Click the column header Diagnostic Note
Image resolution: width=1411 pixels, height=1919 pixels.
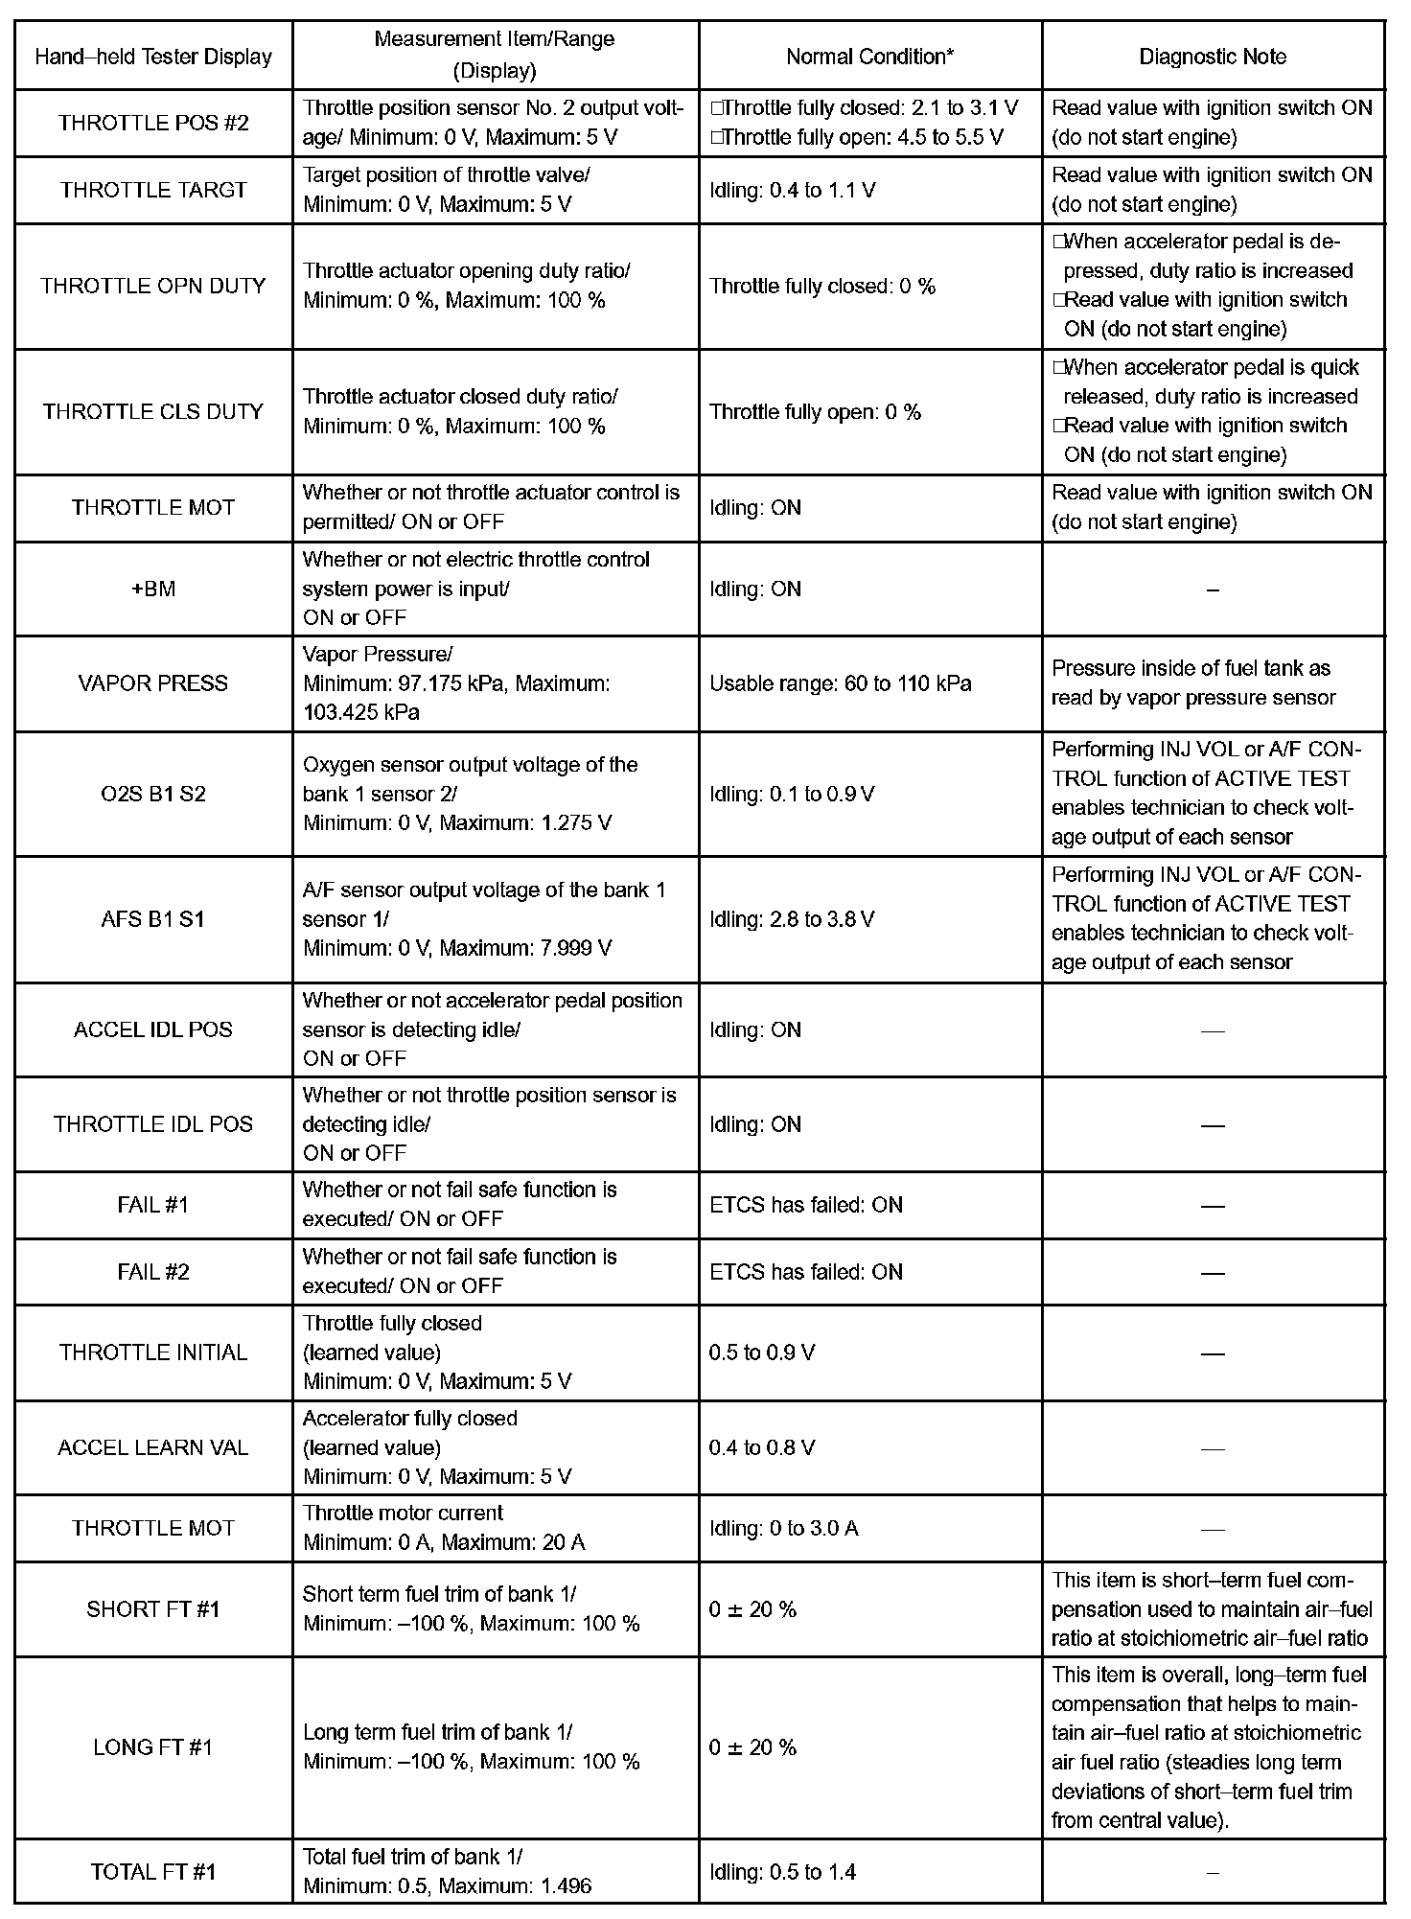(1212, 57)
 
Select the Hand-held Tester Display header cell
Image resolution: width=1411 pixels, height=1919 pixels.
(153, 57)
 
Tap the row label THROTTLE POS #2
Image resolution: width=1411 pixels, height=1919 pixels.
(153, 123)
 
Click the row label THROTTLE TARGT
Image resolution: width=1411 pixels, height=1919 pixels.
(153, 190)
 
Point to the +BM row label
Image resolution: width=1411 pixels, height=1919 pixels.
(153, 589)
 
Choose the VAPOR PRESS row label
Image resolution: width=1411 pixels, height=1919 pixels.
(153, 683)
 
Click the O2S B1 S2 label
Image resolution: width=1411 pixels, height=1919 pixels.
(153, 794)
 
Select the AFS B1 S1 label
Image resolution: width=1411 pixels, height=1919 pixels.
(153, 919)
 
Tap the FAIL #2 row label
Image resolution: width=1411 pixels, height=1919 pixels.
(153, 1272)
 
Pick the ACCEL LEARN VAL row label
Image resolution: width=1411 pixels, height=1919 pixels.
(153, 1447)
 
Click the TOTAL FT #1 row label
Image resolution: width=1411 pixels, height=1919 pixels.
(153, 1872)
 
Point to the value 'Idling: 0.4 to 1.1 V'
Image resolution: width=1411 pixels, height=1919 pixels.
(792, 190)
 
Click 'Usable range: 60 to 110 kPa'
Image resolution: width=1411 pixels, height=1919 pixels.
(840, 683)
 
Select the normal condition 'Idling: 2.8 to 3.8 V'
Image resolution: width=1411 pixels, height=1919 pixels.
(792, 919)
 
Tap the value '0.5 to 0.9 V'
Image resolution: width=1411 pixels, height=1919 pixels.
(762, 1353)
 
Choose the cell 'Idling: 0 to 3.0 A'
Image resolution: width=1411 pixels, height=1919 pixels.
(783, 1528)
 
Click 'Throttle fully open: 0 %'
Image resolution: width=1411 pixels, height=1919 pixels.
(815, 412)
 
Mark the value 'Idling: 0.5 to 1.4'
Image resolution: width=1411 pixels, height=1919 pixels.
(782, 1872)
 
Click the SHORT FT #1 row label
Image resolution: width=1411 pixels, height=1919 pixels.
(153, 1608)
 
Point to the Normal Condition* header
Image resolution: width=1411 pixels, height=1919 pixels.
(869, 57)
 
